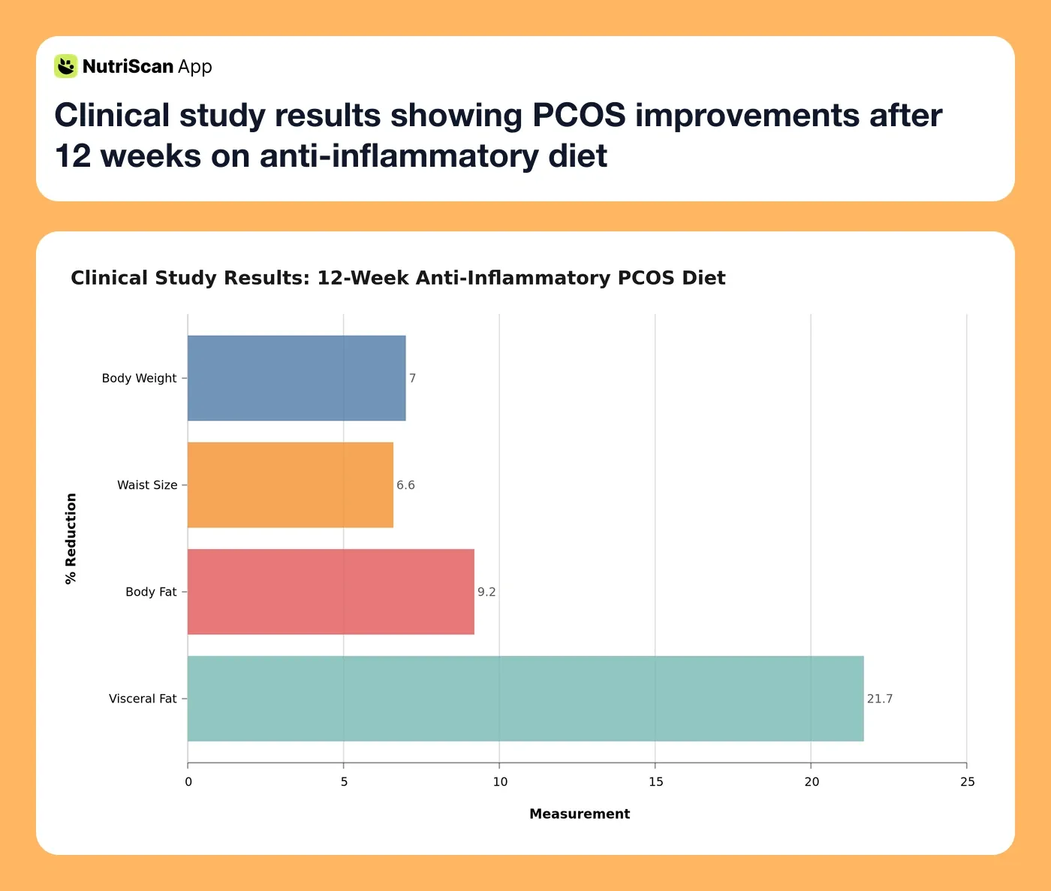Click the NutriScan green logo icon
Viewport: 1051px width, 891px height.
(66, 66)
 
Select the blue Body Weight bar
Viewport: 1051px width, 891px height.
(297, 378)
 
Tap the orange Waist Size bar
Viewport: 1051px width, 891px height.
(290, 485)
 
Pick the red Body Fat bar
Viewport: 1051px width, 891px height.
(330, 592)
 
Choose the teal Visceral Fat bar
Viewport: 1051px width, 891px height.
(525, 699)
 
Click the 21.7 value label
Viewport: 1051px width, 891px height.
(880, 699)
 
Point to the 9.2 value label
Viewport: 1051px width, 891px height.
(486, 592)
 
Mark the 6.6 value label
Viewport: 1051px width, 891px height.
(405, 485)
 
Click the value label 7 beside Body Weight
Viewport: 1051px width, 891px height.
(412, 378)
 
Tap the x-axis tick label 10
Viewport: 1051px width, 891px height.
(500, 782)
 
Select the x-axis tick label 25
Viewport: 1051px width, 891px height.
(967, 782)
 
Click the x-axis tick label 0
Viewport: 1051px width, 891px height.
(188, 782)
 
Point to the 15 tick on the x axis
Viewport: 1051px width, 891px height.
(655, 782)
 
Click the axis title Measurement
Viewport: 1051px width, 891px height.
(579, 814)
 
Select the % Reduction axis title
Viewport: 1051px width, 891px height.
(71, 538)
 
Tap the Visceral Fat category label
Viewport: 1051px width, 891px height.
(143, 699)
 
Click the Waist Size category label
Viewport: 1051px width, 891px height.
(147, 485)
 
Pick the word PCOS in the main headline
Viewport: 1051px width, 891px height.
(578, 116)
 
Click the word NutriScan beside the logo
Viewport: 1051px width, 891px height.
(128, 67)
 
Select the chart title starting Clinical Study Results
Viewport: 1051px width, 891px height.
(398, 278)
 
